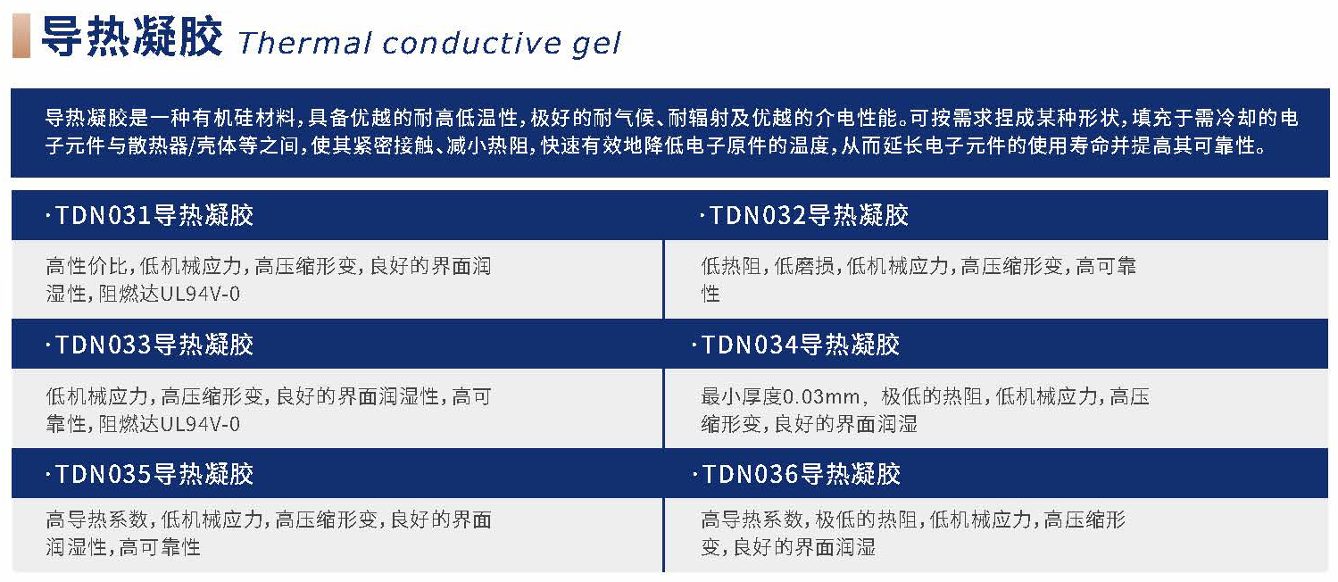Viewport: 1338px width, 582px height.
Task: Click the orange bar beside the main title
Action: (x=21, y=36)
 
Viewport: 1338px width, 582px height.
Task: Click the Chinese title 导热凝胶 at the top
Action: (x=131, y=37)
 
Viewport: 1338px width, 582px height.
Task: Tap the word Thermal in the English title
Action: (x=304, y=43)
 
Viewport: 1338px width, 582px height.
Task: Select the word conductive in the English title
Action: (x=471, y=43)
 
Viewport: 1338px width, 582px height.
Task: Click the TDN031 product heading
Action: (x=150, y=215)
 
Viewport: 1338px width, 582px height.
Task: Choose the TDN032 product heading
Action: (x=804, y=215)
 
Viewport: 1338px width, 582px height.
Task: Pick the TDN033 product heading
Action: (x=150, y=345)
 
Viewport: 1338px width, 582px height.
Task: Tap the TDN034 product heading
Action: (x=796, y=345)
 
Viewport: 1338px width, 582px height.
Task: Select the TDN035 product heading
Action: (x=150, y=475)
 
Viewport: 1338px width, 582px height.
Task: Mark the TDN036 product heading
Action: (x=796, y=475)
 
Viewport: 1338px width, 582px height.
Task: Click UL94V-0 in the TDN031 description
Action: (x=200, y=294)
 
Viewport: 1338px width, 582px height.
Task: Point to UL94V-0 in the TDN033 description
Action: (x=200, y=424)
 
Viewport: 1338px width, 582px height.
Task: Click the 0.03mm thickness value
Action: (x=820, y=396)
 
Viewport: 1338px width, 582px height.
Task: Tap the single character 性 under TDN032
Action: (x=711, y=294)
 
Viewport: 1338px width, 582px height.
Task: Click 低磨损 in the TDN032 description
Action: (x=804, y=267)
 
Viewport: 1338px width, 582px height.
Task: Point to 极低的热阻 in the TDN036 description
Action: (x=866, y=520)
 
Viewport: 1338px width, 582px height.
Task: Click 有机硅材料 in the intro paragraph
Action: (x=243, y=118)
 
